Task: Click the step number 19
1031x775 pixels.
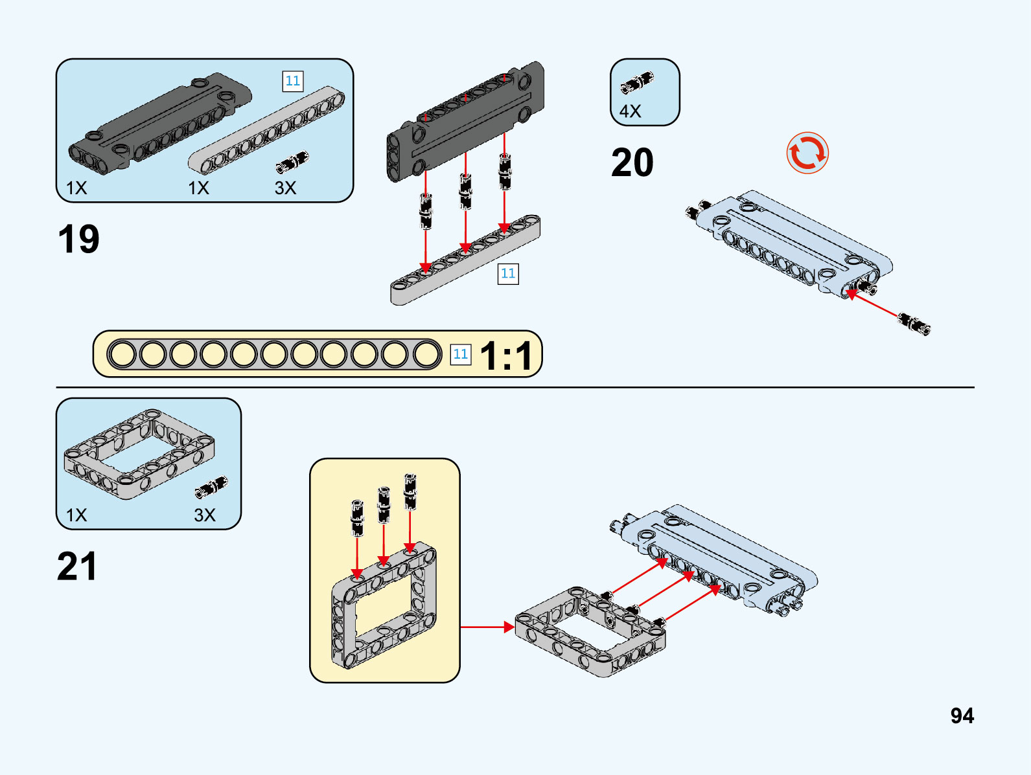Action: (x=78, y=239)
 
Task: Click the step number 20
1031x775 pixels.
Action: (x=632, y=163)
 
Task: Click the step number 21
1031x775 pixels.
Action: (x=77, y=567)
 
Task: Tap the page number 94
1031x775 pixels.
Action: (x=962, y=715)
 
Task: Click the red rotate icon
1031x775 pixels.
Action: (x=807, y=153)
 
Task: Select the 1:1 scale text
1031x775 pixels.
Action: (x=506, y=355)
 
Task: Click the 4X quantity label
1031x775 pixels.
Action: (x=630, y=111)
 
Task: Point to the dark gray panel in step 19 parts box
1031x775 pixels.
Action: (x=159, y=123)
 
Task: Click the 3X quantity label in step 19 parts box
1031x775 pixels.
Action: (x=285, y=188)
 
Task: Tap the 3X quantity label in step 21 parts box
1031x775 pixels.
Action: (x=205, y=515)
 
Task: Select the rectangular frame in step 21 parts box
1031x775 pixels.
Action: (x=139, y=455)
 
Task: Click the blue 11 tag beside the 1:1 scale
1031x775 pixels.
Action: (x=460, y=354)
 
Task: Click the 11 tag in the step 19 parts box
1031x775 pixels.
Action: (x=293, y=81)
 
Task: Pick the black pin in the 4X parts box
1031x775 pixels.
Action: (x=638, y=83)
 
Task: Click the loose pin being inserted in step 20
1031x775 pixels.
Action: (x=914, y=323)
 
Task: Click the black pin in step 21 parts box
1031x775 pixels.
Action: (x=211, y=487)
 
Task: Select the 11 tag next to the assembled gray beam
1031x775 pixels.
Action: (x=508, y=273)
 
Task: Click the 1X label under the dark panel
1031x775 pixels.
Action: (x=76, y=188)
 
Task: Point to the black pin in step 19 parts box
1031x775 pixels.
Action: (x=292, y=162)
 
